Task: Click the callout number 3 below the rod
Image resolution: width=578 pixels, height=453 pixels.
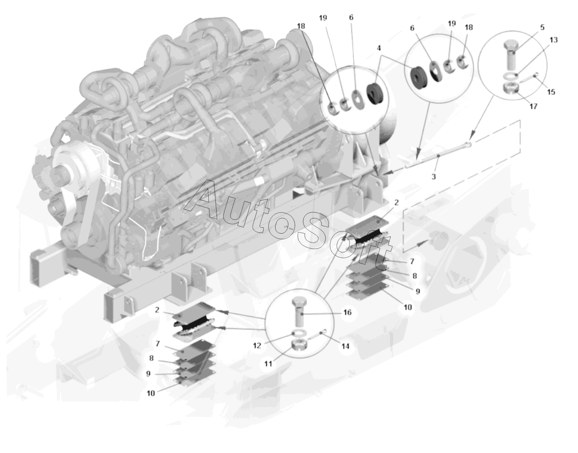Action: click(x=434, y=176)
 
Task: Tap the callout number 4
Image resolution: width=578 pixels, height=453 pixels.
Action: click(x=379, y=48)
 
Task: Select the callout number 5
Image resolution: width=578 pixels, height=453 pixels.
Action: click(x=542, y=27)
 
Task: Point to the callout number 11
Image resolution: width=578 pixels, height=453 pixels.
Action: click(x=268, y=364)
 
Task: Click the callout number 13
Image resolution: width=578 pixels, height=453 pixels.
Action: click(x=553, y=40)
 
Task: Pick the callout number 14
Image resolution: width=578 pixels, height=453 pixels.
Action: click(x=345, y=346)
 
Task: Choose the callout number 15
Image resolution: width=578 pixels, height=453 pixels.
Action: click(x=551, y=92)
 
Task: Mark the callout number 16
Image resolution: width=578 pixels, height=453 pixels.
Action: click(x=348, y=312)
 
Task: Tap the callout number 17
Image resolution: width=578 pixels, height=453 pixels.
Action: click(x=533, y=106)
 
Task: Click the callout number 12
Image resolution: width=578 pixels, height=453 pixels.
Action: click(x=257, y=345)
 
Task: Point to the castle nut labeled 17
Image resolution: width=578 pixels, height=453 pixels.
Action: click(x=511, y=88)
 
